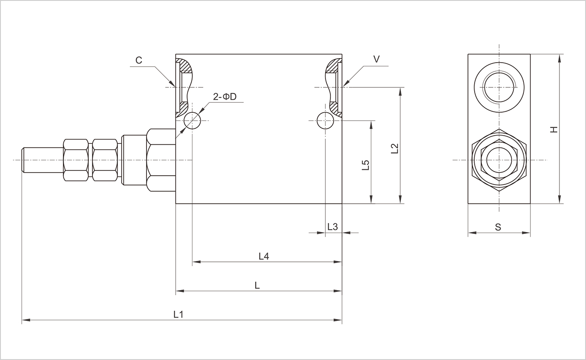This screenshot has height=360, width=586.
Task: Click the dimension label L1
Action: [178, 314]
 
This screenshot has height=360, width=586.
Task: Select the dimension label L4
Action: [264, 256]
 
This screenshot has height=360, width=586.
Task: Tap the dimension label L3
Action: [333, 227]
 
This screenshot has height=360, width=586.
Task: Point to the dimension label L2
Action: [394, 149]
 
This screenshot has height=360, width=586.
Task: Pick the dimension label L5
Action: [366, 165]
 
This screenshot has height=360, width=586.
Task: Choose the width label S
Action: [498, 227]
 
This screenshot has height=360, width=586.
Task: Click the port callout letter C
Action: [139, 60]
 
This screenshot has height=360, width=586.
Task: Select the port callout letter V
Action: [377, 59]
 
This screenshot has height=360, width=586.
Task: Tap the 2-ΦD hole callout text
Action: [225, 96]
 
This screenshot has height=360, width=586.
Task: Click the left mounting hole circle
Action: [192, 120]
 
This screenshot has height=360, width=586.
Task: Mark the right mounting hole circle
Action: [325, 120]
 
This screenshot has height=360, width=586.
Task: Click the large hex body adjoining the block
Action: [161, 160]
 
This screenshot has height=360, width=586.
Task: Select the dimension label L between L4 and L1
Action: [257, 285]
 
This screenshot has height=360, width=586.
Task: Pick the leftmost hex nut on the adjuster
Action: [76, 160]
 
